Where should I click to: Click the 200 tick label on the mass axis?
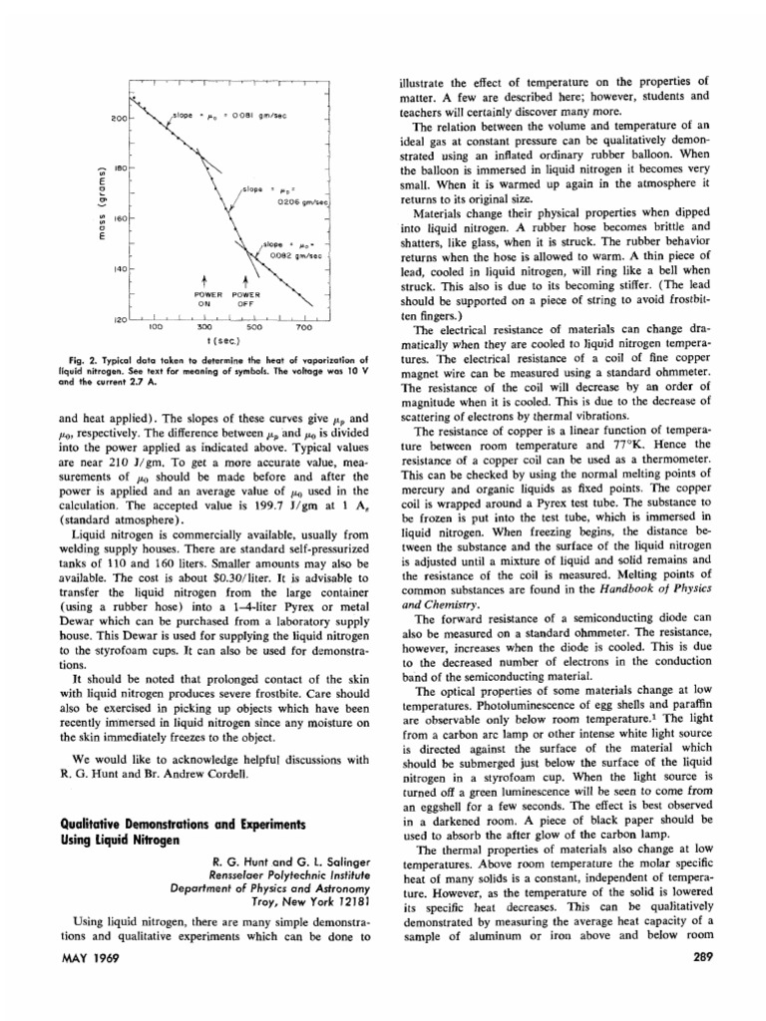coord(118,119)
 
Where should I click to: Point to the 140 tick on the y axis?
coord(118,269)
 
